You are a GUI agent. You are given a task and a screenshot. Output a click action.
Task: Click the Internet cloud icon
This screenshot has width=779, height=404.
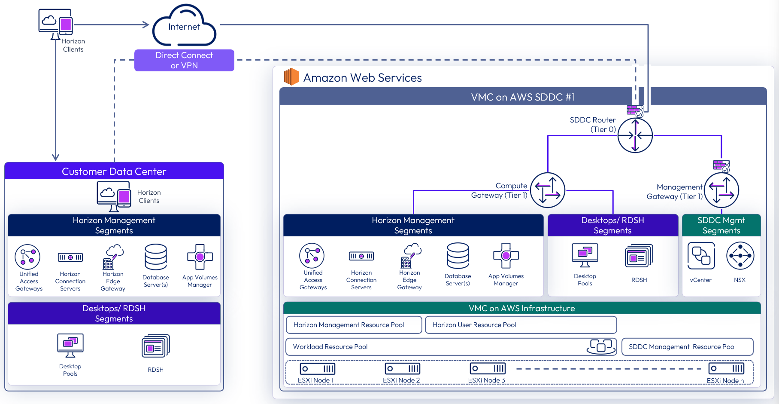click(x=184, y=26)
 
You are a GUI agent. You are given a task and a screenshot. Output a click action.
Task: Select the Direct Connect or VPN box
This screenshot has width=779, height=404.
click(x=184, y=60)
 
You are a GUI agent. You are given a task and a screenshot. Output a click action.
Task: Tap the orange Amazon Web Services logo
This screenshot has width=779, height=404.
click(x=291, y=77)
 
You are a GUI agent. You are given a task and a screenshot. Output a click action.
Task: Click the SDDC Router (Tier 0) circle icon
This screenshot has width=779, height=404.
click(x=635, y=135)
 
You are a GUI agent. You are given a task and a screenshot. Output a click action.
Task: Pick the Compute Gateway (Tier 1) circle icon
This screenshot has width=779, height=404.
click(x=548, y=190)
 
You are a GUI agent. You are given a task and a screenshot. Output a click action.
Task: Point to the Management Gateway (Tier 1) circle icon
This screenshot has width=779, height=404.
click(x=721, y=190)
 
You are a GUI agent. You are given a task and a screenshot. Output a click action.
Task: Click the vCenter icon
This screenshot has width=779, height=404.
click(x=701, y=256)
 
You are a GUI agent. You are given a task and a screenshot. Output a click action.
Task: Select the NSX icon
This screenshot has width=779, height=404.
click(x=740, y=256)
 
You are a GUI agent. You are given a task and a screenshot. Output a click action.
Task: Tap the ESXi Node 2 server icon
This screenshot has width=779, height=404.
click(x=402, y=369)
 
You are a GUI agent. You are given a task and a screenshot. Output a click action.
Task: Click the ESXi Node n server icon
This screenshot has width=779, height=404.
click(x=726, y=369)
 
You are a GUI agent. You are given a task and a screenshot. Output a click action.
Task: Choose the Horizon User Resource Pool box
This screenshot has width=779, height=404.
click(x=521, y=325)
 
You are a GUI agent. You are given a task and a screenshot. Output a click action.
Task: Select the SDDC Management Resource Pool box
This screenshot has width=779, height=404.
click(x=687, y=347)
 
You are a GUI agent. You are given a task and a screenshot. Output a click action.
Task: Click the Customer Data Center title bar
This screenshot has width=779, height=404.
click(x=114, y=171)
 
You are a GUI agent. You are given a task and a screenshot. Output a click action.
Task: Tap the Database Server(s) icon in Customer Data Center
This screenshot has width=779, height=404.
click(x=156, y=257)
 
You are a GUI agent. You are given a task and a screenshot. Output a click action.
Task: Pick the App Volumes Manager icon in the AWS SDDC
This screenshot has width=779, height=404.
click(x=506, y=256)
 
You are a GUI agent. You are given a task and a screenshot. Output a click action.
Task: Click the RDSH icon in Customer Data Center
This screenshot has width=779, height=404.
click(x=156, y=346)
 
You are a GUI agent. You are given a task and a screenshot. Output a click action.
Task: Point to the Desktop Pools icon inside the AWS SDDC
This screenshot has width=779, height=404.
click(x=585, y=254)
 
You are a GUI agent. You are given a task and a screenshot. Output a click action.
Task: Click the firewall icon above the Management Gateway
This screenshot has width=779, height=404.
click(x=721, y=165)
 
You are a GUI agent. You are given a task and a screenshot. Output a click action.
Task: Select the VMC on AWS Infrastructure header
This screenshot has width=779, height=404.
click(x=521, y=308)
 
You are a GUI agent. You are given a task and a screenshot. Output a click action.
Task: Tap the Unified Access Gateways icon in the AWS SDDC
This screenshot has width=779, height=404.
click(x=312, y=256)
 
